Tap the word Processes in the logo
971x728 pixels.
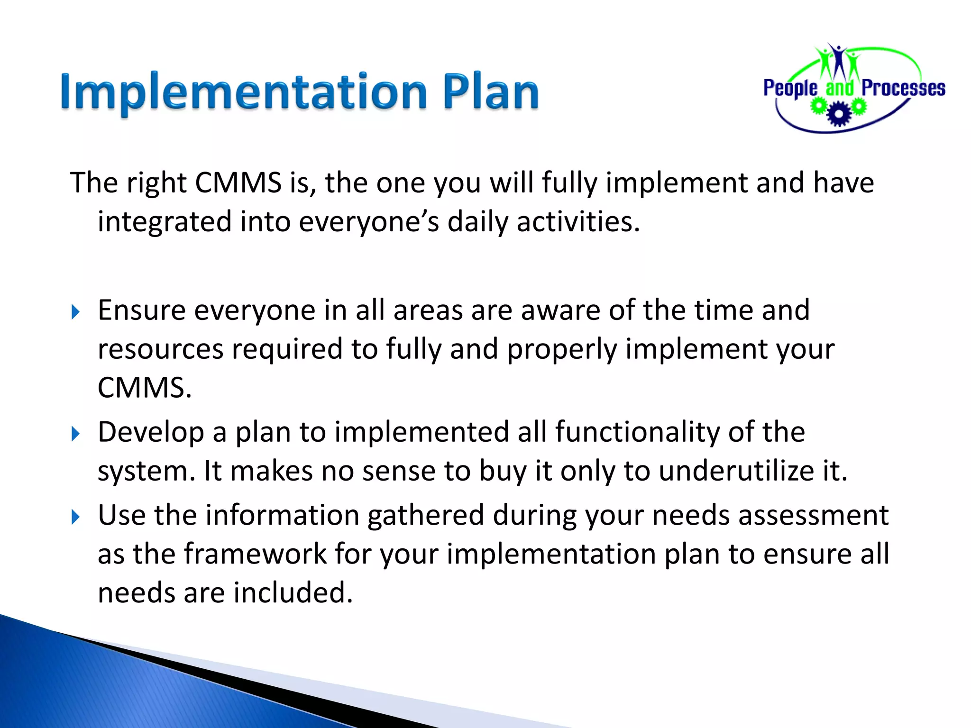tap(903, 89)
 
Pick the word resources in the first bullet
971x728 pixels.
tap(160, 349)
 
